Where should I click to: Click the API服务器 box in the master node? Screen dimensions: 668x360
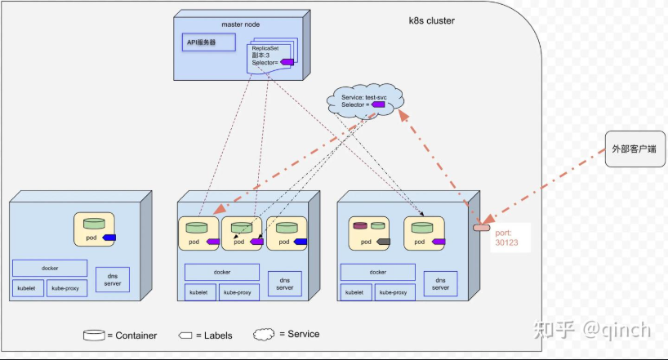[x=209, y=42]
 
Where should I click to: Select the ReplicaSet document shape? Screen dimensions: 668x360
[x=269, y=58]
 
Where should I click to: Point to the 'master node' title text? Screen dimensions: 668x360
[x=240, y=24]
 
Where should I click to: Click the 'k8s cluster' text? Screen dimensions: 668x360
[x=431, y=20]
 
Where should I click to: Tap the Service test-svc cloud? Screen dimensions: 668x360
[x=365, y=100]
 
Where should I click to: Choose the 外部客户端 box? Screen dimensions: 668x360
[x=635, y=149]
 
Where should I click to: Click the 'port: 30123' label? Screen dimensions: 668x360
[x=506, y=238]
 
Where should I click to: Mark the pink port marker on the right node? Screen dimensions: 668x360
[x=482, y=228]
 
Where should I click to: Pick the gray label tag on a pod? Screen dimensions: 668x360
[x=384, y=242]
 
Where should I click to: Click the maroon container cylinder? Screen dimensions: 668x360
[x=360, y=226]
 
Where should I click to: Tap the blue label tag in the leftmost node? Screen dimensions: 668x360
[x=109, y=238]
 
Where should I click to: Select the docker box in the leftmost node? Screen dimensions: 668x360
[x=50, y=268]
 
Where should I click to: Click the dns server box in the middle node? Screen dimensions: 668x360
[x=284, y=284]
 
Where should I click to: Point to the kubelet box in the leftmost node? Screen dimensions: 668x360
[x=28, y=288]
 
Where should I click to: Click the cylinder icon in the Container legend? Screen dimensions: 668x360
[x=94, y=336]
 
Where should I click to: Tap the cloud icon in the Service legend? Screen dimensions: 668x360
[x=264, y=335]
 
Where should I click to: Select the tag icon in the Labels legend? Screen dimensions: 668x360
[x=185, y=336]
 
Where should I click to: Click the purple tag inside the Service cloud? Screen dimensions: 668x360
[x=378, y=104]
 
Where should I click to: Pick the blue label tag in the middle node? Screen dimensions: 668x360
[x=301, y=242]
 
